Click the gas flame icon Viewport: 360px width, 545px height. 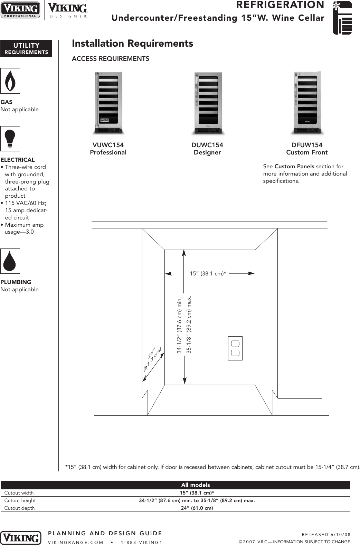click(x=10, y=81)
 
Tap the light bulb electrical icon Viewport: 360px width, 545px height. click(x=10, y=139)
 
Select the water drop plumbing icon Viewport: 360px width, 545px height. click(x=10, y=261)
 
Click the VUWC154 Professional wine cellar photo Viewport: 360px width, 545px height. click(x=108, y=103)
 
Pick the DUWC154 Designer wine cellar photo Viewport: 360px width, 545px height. click(x=207, y=103)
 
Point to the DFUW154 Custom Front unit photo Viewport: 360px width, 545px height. click(x=307, y=103)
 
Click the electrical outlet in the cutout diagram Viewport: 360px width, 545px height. click(x=235, y=348)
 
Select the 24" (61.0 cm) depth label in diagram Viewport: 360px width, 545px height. click(x=152, y=359)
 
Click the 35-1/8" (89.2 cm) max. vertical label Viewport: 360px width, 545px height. click(x=189, y=325)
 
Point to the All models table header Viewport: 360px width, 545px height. click(x=195, y=485)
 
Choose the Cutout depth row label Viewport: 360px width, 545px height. click(x=19, y=508)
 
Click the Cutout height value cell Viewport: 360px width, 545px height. click(x=197, y=500)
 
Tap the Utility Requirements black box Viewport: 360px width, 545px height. click(x=26, y=48)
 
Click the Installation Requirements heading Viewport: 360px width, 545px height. click(x=132, y=44)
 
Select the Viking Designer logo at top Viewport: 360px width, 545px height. click(x=67, y=10)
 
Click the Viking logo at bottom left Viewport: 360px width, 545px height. click(x=21, y=538)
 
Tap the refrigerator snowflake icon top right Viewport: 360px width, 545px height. click(x=342, y=18)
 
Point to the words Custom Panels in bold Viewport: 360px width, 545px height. click(x=294, y=167)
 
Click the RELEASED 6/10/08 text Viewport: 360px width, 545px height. click(x=326, y=534)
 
